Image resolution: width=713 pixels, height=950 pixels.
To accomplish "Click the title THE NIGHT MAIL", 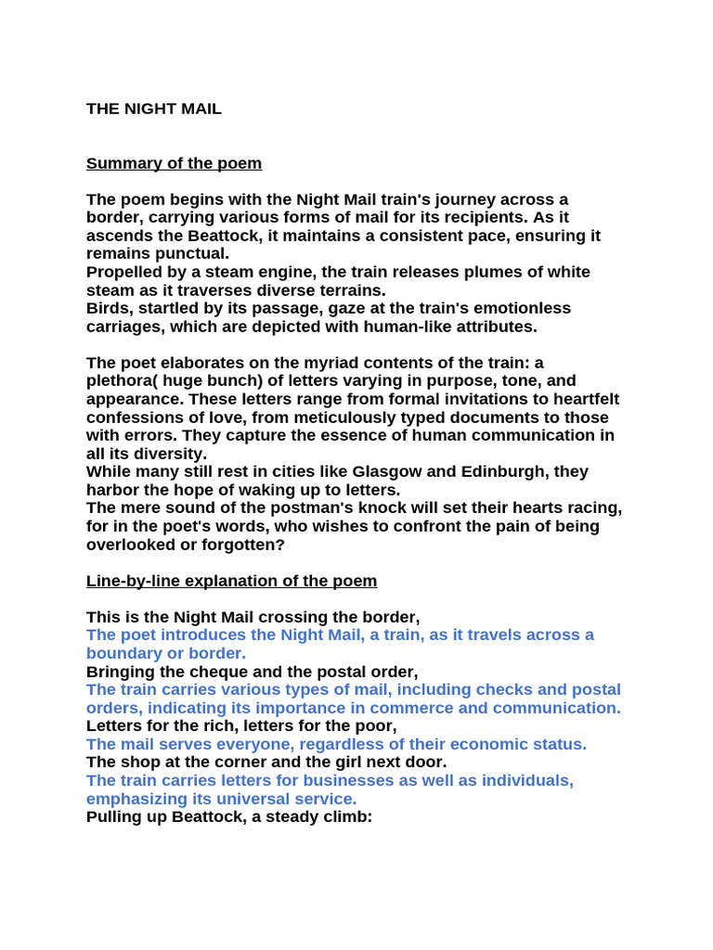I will (x=154, y=109).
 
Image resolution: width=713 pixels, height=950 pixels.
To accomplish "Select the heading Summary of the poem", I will (x=174, y=163).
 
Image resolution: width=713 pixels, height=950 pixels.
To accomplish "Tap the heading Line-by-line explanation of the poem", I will (x=231, y=581).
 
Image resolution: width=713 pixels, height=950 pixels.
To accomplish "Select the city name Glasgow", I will (x=395, y=471).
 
